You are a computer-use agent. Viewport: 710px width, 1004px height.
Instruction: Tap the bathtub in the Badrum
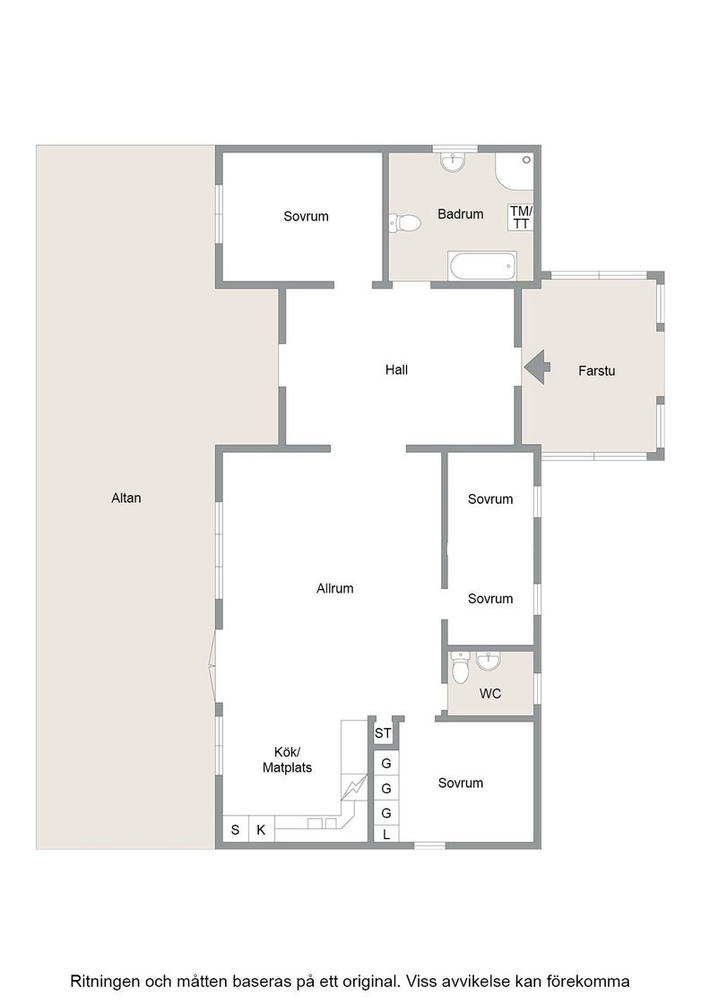pos(482,265)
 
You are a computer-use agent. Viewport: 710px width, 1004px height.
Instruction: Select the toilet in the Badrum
pos(404,223)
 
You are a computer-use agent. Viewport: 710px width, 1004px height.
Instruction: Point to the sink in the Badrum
pos(453,161)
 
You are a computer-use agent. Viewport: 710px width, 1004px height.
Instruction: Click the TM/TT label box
pos(521,217)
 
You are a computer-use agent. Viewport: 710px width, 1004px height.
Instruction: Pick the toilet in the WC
pos(460,669)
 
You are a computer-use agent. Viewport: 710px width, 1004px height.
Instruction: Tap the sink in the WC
pos(489,660)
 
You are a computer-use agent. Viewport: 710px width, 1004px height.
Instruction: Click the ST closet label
pos(383,733)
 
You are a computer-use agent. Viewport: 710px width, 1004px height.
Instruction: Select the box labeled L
pos(386,835)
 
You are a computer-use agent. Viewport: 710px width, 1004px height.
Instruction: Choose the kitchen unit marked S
pos(235,830)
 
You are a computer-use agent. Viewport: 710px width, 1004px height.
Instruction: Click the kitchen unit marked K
pos(261,830)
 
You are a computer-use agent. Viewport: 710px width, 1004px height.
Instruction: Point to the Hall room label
pos(396,369)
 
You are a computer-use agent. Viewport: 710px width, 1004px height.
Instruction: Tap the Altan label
pos(126,498)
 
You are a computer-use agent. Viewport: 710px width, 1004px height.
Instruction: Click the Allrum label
pos(335,588)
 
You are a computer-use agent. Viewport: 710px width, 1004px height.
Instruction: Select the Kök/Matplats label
pos(288,759)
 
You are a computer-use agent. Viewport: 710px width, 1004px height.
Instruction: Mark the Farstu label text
pos(597,370)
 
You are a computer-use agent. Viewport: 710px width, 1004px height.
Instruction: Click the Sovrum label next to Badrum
pos(306,216)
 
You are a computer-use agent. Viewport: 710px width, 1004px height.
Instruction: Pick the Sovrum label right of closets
pos(460,783)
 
